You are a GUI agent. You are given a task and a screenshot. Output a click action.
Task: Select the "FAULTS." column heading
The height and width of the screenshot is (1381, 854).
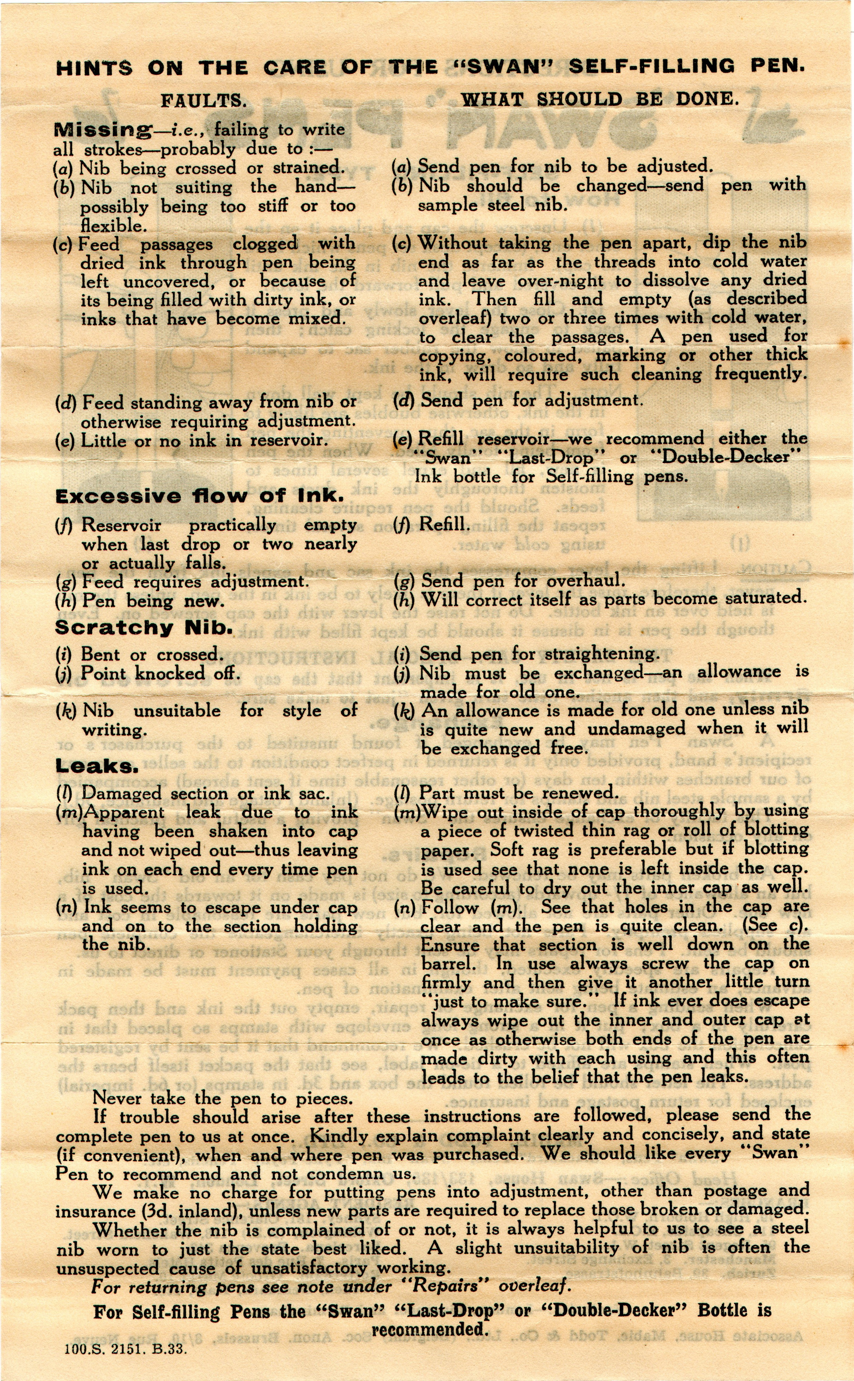[x=203, y=101]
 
